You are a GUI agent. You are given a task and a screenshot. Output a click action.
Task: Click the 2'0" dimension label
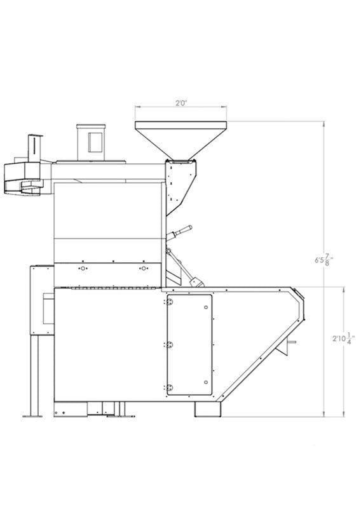tap(182, 104)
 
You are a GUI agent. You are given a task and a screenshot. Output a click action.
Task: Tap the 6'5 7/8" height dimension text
tap(324, 260)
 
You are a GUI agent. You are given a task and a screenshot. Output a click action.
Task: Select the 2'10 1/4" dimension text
tap(343, 338)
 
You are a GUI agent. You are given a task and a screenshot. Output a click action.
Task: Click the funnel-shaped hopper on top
tap(180, 140)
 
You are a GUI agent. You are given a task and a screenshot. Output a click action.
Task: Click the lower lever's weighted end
tap(196, 283)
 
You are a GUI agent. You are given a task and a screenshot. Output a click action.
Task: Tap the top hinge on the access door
tap(169, 302)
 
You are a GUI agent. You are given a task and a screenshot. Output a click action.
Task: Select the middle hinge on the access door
tap(169, 345)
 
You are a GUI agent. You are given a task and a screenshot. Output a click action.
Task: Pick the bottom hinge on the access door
tap(169, 387)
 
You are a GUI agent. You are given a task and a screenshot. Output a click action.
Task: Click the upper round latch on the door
tap(206, 307)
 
